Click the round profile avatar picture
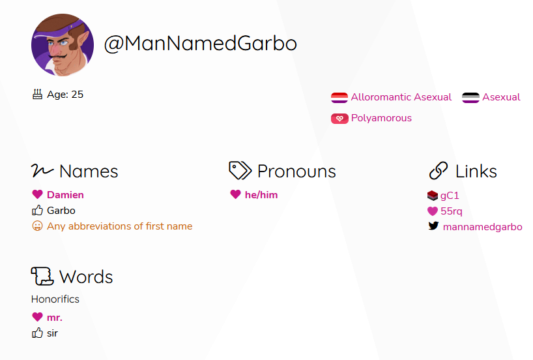[x=63, y=44]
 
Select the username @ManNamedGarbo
[x=200, y=44]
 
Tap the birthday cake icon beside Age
[x=37, y=95]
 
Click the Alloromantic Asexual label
[x=401, y=97]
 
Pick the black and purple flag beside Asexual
[x=470, y=98]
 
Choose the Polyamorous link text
[x=381, y=118]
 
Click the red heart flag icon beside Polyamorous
[x=339, y=119]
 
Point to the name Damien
[x=65, y=195]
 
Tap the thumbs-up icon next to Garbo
[x=37, y=210]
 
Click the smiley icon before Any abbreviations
[x=37, y=226]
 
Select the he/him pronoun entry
[x=261, y=195]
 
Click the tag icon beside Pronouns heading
[x=240, y=170]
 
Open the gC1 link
[x=450, y=196]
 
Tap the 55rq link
[x=451, y=211]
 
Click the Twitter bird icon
[x=433, y=226]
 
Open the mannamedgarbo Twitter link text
[x=482, y=227]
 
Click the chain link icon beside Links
[x=439, y=170]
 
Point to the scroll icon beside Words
[x=42, y=276]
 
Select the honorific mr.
[x=55, y=318]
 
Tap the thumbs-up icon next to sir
[x=37, y=333]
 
